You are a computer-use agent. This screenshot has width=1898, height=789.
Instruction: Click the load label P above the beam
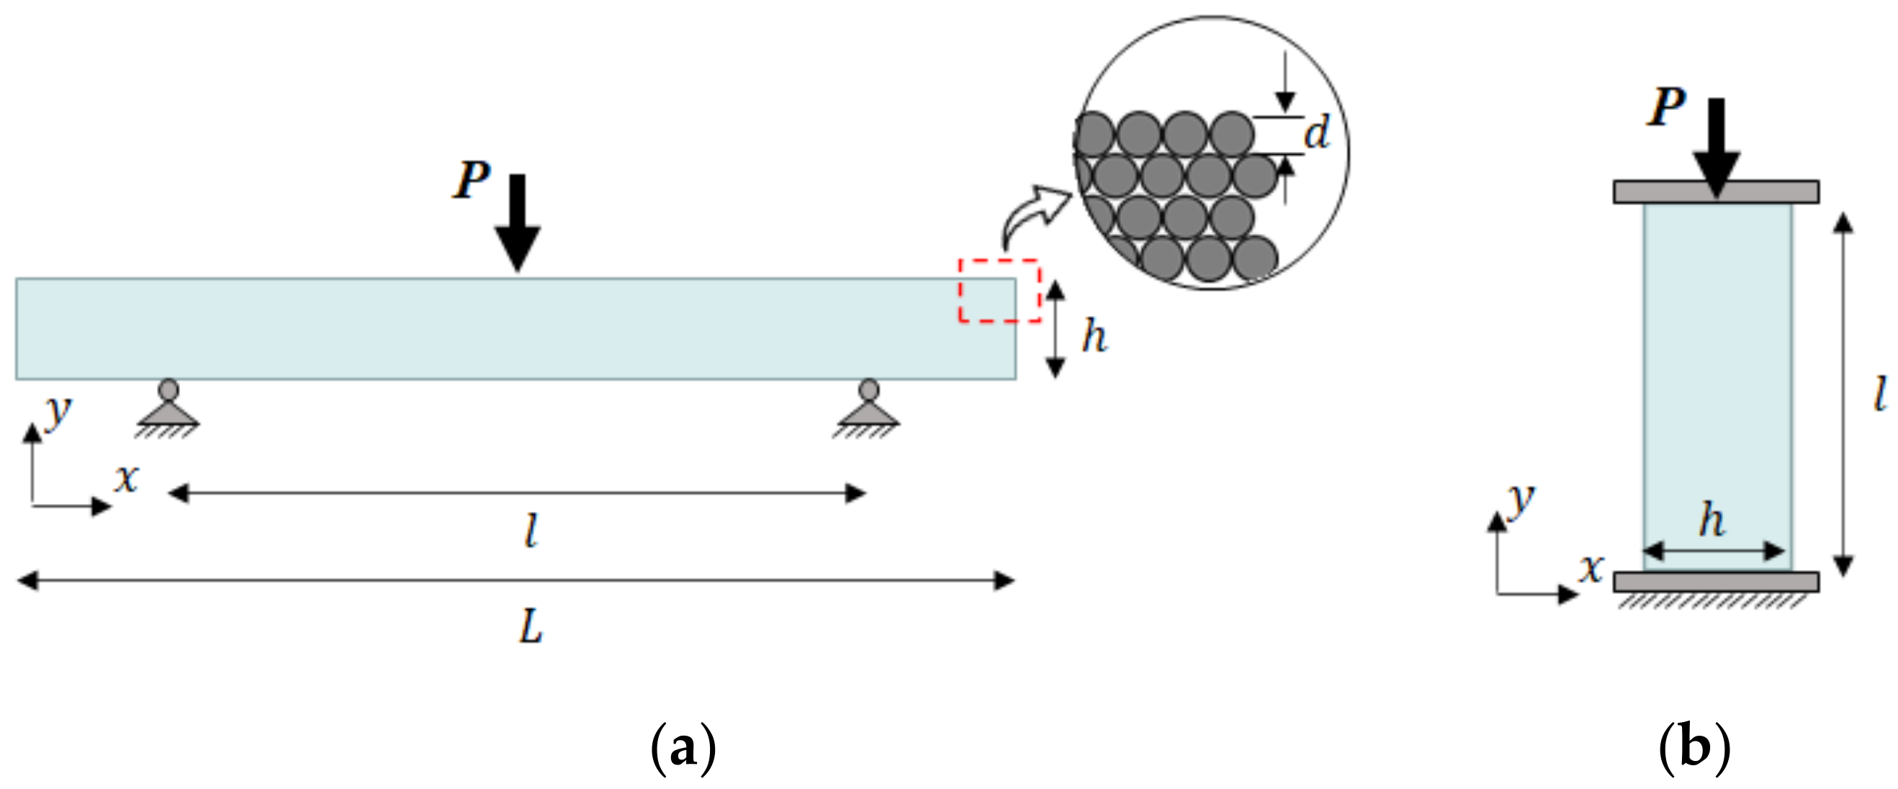click(x=472, y=180)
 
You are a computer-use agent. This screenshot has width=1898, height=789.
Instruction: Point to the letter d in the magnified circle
click(x=1317, y=133)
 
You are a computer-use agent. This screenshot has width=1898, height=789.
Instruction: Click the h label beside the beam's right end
click(x=1094, y=338)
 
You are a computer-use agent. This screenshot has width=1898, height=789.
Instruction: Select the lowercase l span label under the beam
click(x=531, y=531)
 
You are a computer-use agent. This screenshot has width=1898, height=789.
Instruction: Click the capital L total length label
click(x=531, y=628)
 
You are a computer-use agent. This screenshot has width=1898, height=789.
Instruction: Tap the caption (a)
click(x=683, y=748)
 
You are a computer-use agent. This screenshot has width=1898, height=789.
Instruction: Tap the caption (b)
click(x=1694, y=748)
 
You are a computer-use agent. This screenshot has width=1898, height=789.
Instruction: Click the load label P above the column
click(x=1666, y=107)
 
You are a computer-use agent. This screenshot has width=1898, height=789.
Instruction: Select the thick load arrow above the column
click(x=1716, y=148)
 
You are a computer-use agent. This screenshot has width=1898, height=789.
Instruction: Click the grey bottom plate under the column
click(x=1716, y=581)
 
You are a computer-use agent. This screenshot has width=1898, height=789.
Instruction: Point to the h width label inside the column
click(x=1712, y=520)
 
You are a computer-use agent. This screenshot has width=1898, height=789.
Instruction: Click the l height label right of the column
click(x=1880, y=393)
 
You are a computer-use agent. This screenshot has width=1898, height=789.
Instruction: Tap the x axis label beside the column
click(x=1591, y=567)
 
